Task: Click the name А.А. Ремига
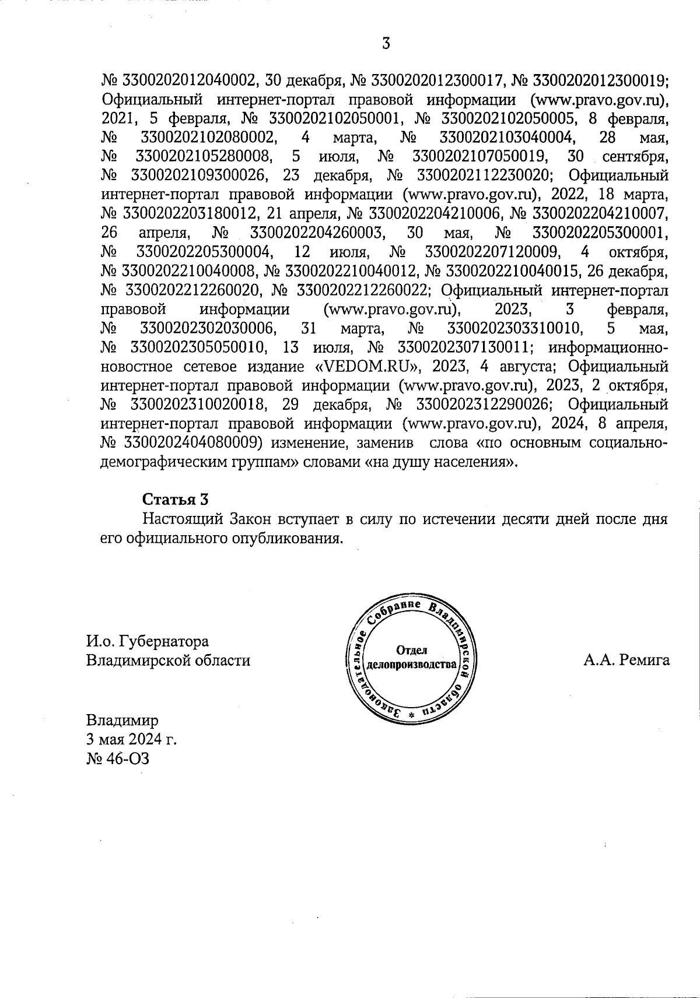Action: tap(626, 660)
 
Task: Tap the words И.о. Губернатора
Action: tap(147, 641)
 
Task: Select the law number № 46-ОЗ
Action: tap(117, 758)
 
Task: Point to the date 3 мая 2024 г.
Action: tap(131, 739)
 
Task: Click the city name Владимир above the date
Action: tap(122, 719)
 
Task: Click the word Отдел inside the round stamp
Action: tap(412, 651)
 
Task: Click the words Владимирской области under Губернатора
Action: tap(168, 660)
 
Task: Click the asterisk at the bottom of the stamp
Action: tap(411, 714)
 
